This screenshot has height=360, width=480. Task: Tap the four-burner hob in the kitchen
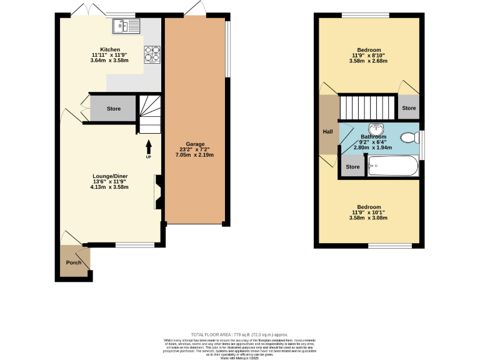(x=152, y=55)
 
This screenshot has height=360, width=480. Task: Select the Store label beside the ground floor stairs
(x=113, y=109)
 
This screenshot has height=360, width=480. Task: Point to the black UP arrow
(x=149, y=146)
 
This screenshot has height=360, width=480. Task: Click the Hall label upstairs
(x=327, y=132)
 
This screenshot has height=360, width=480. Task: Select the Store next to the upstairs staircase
(x=409, y=108)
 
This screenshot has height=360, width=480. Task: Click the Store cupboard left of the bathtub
(x=353, y=167)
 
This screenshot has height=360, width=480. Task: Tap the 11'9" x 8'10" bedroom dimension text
(x=369, y=56)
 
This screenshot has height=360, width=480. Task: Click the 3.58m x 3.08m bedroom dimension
(x=369, y=218)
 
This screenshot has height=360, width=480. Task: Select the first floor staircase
(x=367, y=104)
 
